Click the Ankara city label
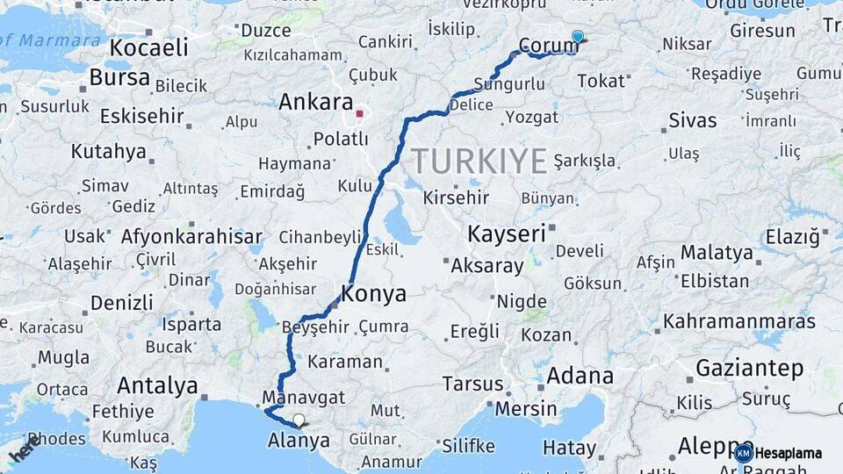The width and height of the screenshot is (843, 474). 315,102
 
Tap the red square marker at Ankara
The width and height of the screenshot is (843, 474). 359,113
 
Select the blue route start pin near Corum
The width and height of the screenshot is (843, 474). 577,37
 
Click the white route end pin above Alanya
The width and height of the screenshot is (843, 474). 299,420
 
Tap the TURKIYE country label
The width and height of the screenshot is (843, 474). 479,161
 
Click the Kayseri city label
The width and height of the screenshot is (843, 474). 506,233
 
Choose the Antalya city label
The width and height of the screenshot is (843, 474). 157,385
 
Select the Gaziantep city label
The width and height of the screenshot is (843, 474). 749,368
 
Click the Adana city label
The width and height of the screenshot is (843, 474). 580,376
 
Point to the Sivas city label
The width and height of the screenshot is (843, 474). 692,120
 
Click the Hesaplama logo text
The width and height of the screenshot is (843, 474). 788,453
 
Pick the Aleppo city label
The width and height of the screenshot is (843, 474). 703,445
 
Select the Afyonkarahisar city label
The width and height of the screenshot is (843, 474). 191,236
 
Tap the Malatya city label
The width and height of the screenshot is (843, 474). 717,253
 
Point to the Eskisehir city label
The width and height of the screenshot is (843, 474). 141,116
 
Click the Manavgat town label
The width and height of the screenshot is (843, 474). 313,397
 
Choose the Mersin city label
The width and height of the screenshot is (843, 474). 525,408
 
